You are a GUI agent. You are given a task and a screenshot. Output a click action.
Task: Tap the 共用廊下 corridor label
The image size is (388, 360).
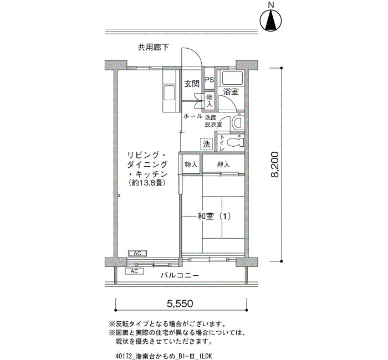pos(153,47)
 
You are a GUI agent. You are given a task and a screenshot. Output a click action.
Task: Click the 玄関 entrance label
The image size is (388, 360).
pos(192,84)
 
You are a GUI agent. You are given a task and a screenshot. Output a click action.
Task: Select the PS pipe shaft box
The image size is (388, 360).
pos(210,80)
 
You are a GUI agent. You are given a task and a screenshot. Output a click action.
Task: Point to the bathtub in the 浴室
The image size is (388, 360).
pos(231,78)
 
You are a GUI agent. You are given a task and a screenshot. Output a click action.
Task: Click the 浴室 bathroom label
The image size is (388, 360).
pos(231,92)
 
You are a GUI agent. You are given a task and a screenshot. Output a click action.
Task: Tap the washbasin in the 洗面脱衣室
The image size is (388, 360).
pos(238,123)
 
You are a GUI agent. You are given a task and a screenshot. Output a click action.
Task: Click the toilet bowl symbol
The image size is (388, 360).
pos(235,142)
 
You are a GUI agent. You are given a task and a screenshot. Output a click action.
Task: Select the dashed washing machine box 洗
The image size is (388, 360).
pos(206,143)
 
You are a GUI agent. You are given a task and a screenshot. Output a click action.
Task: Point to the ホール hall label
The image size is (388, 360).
pos(193,116)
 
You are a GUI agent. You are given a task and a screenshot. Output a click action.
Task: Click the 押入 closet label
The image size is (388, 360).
pos(223,164)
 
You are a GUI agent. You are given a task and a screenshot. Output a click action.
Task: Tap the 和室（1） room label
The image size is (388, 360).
pos(215,217)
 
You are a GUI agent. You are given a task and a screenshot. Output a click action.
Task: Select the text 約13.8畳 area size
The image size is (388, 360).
pos(146,183)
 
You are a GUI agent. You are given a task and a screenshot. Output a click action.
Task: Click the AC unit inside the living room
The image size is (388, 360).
pos(137,253)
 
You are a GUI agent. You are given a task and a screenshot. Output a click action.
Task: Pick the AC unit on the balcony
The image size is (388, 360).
pos(134,271)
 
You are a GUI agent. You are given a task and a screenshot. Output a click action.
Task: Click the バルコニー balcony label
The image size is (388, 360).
pos(180,275)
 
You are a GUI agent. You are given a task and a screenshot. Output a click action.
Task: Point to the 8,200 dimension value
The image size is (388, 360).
pos(275,164)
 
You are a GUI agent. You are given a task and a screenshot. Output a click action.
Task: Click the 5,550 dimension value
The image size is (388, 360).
pos(180,303)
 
